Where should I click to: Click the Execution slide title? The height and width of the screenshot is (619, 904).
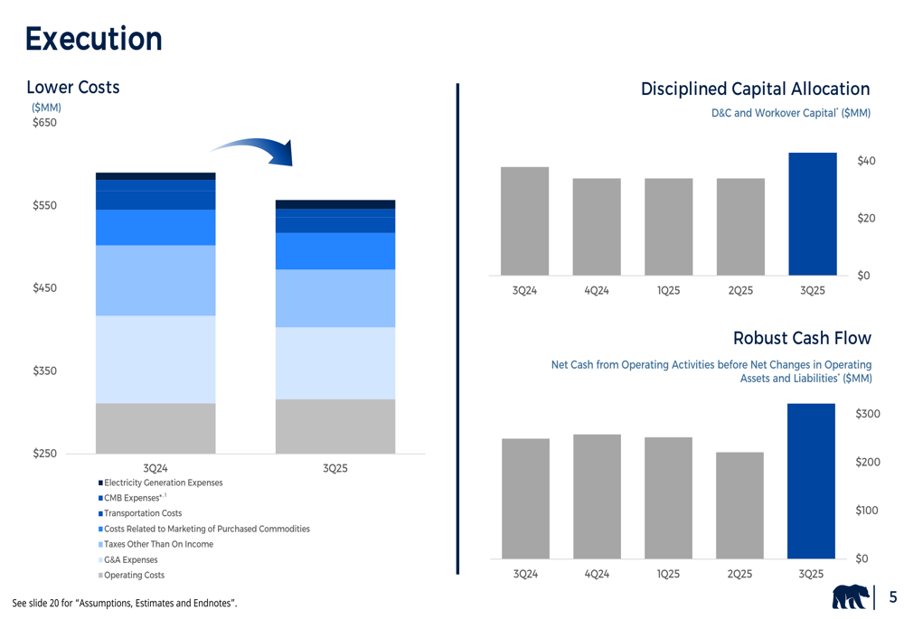point(93,39)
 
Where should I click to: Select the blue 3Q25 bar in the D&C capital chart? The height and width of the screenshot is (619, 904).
point(812,214)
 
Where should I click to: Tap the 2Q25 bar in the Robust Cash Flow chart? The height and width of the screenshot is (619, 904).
point(739,505)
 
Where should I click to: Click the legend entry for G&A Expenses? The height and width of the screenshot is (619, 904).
point(130,560)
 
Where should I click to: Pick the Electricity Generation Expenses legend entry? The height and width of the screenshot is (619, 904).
point(163,483)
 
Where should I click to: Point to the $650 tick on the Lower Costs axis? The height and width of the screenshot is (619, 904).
point(44,123)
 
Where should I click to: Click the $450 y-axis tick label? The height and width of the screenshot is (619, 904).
point(44,288)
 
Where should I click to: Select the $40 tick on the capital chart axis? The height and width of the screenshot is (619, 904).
point(866,161)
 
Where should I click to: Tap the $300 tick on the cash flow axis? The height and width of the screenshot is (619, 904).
point(868,414)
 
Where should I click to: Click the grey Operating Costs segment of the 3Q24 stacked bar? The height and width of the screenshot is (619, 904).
point(155,428)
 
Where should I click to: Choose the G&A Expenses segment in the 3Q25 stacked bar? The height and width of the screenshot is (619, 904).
point(334,363)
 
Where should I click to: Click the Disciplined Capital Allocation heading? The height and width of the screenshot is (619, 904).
point(755,89)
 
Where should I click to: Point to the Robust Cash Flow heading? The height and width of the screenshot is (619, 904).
point(802,338)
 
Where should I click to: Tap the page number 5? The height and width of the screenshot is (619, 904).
point(892,597)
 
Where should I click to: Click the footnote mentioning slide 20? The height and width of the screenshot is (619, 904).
point(125,603)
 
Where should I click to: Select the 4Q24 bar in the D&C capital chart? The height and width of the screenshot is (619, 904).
point(597,227)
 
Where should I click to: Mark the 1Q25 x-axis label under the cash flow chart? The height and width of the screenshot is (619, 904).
point(668,574)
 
